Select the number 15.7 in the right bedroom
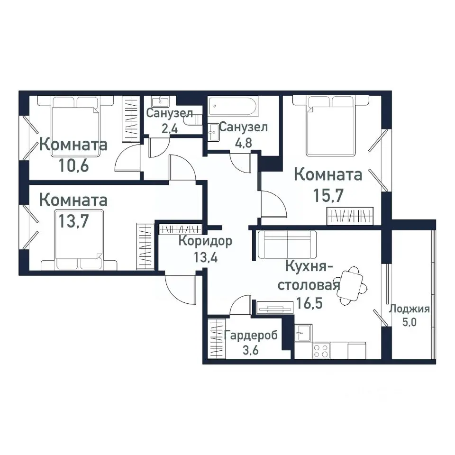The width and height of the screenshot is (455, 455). pyautogui.click(x=328, y=194)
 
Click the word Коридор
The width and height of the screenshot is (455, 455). pyautogui.click(x=205, y=241)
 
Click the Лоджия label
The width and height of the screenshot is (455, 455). pyautogui.click(x=409, y=309)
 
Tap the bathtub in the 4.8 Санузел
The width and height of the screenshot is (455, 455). pyautogui.click(x=234, y=108)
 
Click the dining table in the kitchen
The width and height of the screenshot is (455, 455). pyautogui.click(x=351, y=285)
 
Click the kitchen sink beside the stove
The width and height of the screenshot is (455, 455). pyautogui.click(x=302, y=332)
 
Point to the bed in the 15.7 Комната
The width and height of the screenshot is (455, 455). pyautogui.click(x=331, y=126)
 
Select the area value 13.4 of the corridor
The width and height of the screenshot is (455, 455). pyautogui.click(x=205, y=258)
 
